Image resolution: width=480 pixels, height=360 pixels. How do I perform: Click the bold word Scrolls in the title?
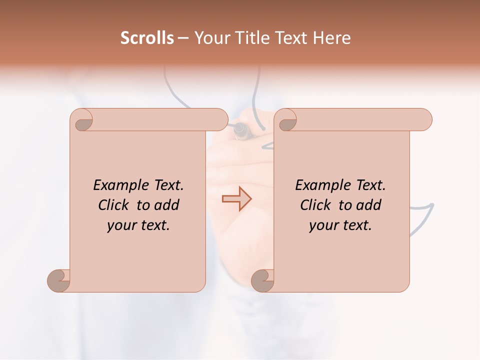point(147,38)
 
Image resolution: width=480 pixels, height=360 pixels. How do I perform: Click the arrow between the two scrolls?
point(236,199)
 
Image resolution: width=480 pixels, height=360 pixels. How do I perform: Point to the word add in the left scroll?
point(167,205)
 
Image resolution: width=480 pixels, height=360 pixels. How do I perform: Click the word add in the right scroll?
point(369,205)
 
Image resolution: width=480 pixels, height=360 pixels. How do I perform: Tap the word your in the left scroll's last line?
point(120,226)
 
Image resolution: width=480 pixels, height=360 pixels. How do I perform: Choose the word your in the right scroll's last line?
point(322,226)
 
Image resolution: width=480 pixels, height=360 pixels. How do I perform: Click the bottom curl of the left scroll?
point(59,280)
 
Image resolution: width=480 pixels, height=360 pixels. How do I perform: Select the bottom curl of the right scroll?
point(262,280)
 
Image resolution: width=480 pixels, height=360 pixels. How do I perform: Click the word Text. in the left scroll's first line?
point(167,185)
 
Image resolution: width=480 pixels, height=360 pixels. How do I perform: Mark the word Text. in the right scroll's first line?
point(369,185)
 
